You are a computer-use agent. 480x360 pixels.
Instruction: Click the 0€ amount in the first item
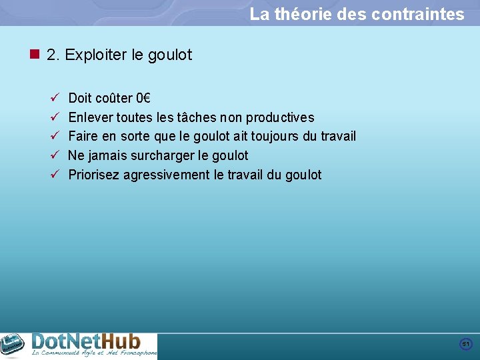coord(143,99)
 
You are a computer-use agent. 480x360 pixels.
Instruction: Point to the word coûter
coord(114,99)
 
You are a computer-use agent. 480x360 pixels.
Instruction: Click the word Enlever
coord(91,118)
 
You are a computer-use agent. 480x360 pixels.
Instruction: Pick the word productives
coord(280,118)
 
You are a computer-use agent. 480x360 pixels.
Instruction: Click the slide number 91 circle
coord(466,344)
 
